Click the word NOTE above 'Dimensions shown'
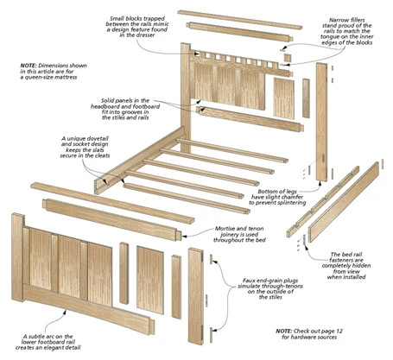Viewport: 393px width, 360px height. [x=29, y=66]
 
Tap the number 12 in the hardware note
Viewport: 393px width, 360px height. [x=339, y=332]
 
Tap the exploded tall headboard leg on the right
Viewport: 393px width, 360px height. [x=322, y=122]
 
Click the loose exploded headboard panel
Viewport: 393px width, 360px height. [x=284, y=98]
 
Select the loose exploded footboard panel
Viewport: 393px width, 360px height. [x=150, y=280]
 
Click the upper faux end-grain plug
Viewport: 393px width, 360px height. [x=211, y=259]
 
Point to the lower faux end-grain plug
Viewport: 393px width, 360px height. [x=211, y=335]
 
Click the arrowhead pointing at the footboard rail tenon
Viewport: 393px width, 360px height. [x=185, y=236]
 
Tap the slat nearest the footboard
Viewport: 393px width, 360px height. [x=187, y=199]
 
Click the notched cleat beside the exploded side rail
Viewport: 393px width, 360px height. [x=323, y=201]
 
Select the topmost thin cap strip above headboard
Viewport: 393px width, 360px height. [x=240, y=20]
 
